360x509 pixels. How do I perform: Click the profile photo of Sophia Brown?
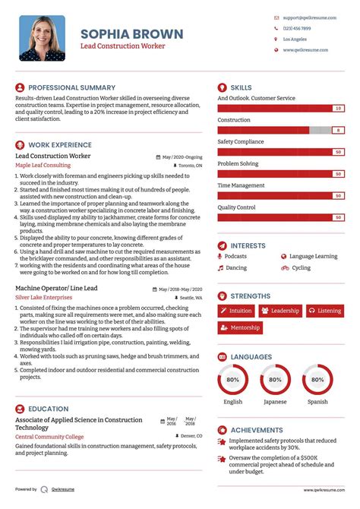[x=43, y=38]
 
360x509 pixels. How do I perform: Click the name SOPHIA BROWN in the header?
[x=132, y=33]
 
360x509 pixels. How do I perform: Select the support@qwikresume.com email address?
[x=310, y=17]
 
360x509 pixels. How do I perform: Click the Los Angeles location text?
[x=295, y=39]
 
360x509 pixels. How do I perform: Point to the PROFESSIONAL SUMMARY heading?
[x=71, y=87]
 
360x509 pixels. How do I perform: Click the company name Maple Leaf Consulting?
[x=43, y=165]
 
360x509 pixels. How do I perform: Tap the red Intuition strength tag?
[x=236, y=311]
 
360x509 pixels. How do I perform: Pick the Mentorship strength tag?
[x=240, y=328]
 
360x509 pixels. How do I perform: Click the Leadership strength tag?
[x=280, y=311]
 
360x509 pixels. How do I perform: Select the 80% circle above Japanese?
[x=275, y=379]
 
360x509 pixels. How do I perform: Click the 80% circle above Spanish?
[x=317, y=379]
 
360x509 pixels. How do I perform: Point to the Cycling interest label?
[x=301, y=267]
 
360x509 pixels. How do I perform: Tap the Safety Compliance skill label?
[x=241, y=141]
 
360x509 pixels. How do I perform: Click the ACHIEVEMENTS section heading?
[x=257, y=429]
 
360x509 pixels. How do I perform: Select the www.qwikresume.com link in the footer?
[x=326, y=490]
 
